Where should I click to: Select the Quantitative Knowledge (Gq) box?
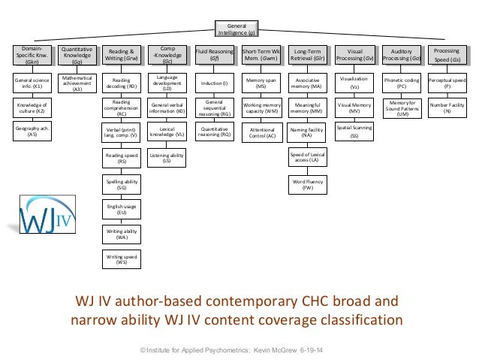coord(77,54)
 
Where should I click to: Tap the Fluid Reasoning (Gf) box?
coord(214,54)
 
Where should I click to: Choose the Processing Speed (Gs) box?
coord(447,54)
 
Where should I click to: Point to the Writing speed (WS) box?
coord(121,259)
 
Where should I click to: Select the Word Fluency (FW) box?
coord(308,183)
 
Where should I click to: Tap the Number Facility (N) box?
coord(447,107)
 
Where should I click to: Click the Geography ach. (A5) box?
coord(32,132)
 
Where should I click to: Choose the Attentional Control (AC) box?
coord(262,132)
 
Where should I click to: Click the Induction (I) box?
coord(214,82)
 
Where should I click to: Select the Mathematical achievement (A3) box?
coord(77,83)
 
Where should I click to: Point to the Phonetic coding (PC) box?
coord(402,82)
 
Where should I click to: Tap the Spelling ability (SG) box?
coord(121,183)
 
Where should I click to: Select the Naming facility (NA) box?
coord(308,132)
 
